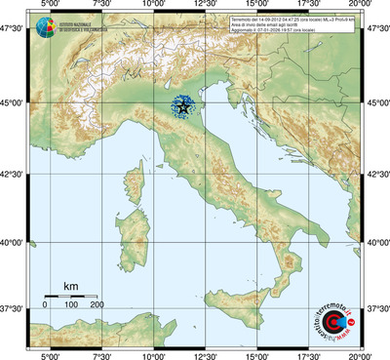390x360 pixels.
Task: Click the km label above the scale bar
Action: (70, 286)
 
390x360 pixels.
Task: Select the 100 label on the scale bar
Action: (71, 305)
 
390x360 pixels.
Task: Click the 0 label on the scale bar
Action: (45, 305)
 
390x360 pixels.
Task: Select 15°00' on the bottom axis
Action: (256, 354)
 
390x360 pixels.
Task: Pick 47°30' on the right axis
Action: (376, 30)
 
